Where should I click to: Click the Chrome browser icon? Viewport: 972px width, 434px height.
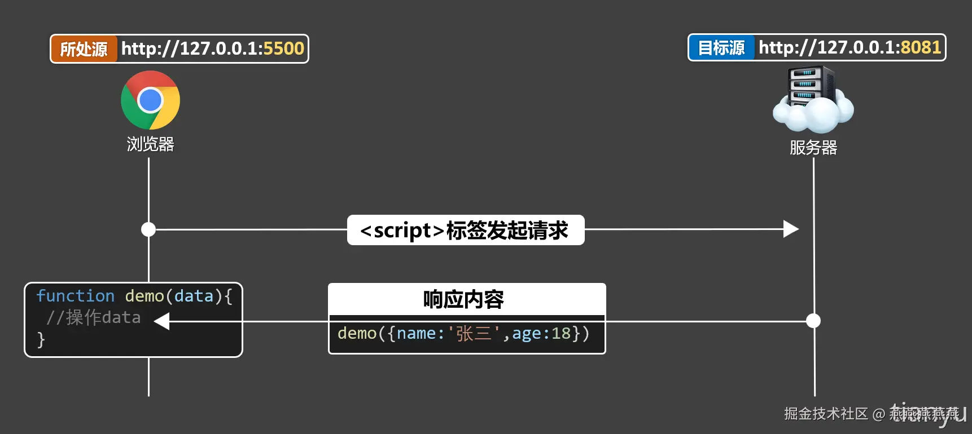(x=150, y=100)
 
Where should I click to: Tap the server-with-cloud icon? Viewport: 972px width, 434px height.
(x=813, y=100)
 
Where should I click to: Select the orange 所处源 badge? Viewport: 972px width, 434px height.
(x=84, y=49)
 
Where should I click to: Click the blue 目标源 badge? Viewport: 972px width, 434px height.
(x=721, y=48)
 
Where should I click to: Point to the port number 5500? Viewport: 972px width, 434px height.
(x=283, y=48)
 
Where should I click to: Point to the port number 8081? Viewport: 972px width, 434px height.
(x=921, y=47)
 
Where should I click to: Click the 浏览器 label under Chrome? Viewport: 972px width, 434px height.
(x=150, y=144)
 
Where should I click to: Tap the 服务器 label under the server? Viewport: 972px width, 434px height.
(x=813, y=148)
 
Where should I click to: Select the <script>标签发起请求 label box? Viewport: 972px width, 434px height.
(x=465, y=230)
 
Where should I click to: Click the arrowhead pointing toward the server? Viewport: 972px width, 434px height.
(x=791, y=229)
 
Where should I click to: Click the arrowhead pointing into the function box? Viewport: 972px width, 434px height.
(x=162, y=321)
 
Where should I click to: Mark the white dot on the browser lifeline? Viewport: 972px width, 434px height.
(x=148, y=229)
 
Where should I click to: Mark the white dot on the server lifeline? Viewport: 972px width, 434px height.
(x=813, y=321)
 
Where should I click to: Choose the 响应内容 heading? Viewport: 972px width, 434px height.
(x=463, y=299)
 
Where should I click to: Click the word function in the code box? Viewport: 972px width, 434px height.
(x=75, y=296)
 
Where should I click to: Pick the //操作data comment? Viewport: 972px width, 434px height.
(x=93, y=317)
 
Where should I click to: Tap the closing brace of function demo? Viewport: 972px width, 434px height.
(x=41, y=339)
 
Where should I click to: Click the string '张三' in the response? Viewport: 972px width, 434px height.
(x=474, y=334)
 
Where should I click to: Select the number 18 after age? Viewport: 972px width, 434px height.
(x=561, y=334)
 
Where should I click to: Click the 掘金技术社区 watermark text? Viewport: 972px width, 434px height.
(x=825, y=414)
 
